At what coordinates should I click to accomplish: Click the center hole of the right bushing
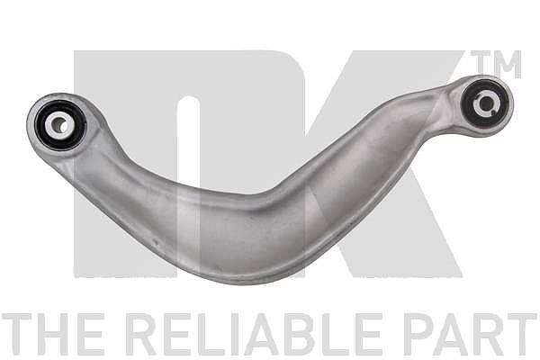pos(485,103)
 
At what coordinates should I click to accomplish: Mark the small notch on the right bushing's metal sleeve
pos(494,110)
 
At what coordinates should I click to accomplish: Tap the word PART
pos(471,334)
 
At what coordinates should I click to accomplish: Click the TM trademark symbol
pos(496,64)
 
